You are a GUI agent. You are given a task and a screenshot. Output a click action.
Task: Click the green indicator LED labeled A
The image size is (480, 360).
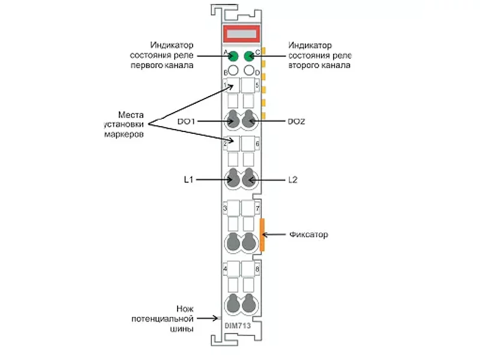coord(233,56)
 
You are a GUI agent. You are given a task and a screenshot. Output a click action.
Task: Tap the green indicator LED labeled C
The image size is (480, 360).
coord(249,56)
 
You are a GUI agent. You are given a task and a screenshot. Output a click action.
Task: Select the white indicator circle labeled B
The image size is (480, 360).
coord(233,70)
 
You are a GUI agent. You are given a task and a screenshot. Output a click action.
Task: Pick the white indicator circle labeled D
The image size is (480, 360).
coord(249,70)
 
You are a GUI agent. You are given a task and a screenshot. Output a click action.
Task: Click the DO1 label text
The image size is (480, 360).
coord(186,122)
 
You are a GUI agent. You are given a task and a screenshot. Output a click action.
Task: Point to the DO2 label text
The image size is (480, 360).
coord(296,122)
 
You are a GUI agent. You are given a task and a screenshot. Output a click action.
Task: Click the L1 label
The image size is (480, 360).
coord(188,179)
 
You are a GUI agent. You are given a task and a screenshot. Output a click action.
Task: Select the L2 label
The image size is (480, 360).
coord(293,179)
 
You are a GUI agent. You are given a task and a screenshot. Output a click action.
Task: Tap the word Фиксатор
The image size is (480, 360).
coord(308,235)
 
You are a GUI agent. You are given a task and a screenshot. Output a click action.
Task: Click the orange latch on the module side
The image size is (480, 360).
coord(262,235)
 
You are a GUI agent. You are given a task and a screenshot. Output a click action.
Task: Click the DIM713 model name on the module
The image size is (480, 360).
coord(238,326)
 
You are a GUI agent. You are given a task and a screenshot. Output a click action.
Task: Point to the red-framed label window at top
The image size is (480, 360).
coord(241,34)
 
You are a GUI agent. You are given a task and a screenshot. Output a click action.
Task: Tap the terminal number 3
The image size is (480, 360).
coord(225,208)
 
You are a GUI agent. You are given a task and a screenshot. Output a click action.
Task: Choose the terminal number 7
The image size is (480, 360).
coord(257,209)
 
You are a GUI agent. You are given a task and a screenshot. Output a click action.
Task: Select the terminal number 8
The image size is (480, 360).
coord(257,269)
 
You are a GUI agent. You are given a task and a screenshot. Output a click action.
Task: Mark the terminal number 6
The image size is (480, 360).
coord(257,143)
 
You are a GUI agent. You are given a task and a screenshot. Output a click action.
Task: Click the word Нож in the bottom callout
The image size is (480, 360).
coord(185,308)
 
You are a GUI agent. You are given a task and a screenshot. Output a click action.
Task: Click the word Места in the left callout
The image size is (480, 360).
coord(131,115)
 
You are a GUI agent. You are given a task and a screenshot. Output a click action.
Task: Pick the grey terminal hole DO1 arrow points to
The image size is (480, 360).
coord(233,119)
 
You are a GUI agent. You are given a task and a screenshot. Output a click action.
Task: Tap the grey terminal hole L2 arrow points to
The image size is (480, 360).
coord(248,178)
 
